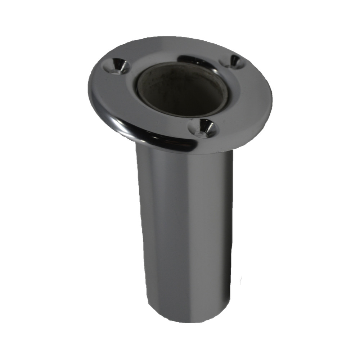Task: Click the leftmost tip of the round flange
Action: [89, 86]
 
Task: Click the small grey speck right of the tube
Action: [240, 279]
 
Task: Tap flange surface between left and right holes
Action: [169, 50]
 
